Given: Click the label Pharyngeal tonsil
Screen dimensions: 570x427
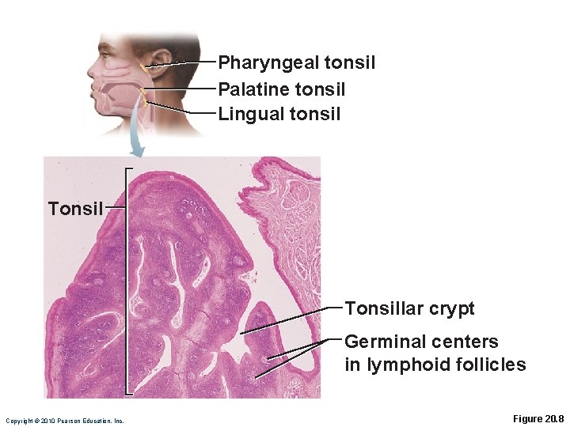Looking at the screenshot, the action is [x=296, y=62].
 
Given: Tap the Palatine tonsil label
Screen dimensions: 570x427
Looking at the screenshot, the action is [x=281, y=89].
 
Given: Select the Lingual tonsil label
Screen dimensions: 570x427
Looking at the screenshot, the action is [x=279, y=114].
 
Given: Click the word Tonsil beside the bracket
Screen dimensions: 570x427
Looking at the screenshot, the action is [x=75, y=209].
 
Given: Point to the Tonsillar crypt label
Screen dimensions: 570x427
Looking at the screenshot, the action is [x=409, y=309].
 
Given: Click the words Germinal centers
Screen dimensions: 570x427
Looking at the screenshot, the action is [x=421, y=342].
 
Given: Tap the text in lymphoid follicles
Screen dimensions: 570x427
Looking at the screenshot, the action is [x=435, y=365].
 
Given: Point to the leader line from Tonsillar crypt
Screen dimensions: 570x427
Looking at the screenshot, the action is [x=293, y=320].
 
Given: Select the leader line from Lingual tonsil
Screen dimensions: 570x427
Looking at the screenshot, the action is [x=182, y=108].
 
